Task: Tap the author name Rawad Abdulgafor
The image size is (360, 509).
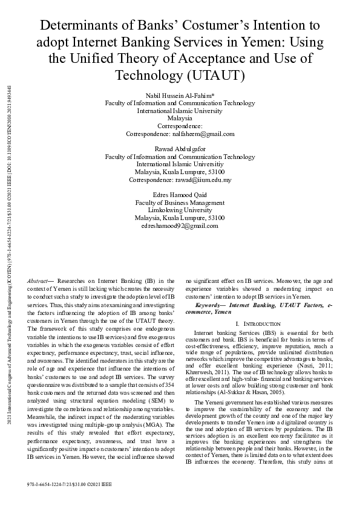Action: [180, 149]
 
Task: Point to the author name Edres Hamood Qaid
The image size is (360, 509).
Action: [180, 195]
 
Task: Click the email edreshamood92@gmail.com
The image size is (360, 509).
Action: [180, 225]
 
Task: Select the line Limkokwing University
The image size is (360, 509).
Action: [180, 210]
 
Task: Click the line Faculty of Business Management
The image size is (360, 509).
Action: [180, 203]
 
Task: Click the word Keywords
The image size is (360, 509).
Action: [218, 306]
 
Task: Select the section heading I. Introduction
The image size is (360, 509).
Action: [257, 324]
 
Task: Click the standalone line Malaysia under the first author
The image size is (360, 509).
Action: [180, 118]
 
